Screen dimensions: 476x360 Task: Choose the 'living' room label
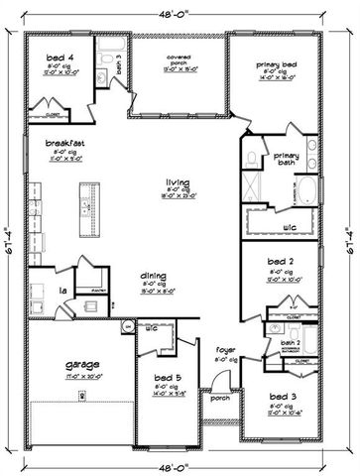click(x=178, y=182)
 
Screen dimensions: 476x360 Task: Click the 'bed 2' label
click(x=281, y=261)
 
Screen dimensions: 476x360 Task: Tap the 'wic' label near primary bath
click(x=290, y=227)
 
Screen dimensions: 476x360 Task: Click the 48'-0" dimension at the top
click(x=179, y=14)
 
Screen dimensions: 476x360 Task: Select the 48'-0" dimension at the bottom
click(x=179, y=462)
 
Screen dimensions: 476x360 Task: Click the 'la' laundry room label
click(x=34, y=290)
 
